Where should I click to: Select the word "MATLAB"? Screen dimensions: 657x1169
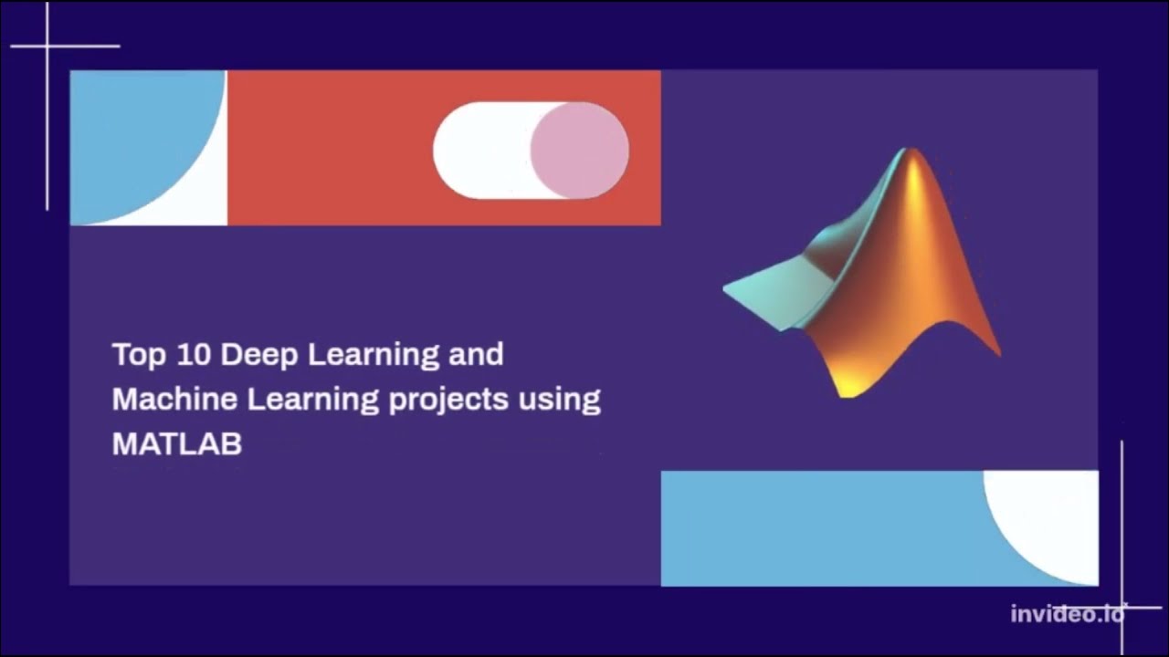pos(176,443)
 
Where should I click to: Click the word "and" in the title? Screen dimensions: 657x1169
pos(476,354)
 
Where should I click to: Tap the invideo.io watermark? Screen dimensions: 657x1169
pos(1067,614)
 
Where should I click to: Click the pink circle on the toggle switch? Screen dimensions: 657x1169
pos(579,151)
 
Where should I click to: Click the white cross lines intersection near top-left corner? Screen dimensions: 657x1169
pos(47,46)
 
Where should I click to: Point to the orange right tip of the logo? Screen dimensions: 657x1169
pos(995,348)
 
